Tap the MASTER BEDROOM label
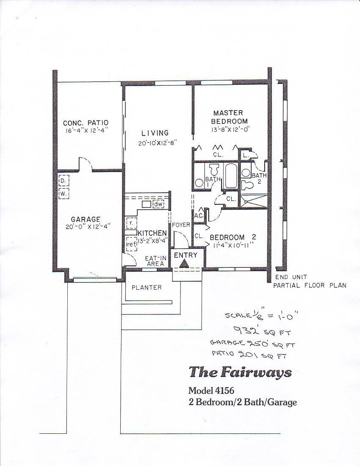click(x=229, y=117)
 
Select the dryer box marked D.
click(x=64, y=180)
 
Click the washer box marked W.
click(x=64, y=194)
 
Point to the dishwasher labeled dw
click(x=158, y=205)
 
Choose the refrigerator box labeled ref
click(x=131, y=244)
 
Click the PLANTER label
click(x=147, y=287)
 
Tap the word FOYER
click(x=181, y=225)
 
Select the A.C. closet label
click(x=199, y=216)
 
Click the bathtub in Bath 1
click(x=230, y=175)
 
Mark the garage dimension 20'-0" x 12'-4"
click(x=88, y=227)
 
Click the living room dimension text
click(x=158, y=143)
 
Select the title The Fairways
click(x=240, y=372)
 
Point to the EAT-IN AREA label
click(x=155, y=261)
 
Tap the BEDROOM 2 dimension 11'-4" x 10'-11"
click(x=233, y=245)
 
